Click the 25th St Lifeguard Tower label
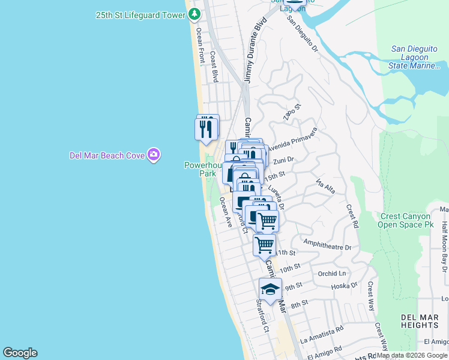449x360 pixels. pyautogui.click(x=140, y=14)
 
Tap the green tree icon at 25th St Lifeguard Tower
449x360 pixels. pyautogui.click(x=194, y=14)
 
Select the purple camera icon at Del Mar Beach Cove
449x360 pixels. pyautogui.click(x=154, y=155)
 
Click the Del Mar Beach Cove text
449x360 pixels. pyautogui.click(x=107, y=155)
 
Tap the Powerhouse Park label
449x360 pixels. pyautogui.click(x=200, y=169)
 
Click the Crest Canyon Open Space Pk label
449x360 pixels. pyautogui.click(x=405, y=220)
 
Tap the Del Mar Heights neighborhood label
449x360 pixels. pyautogui.click(x=420, y=320)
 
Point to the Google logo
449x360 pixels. pyautogui.click(x=20, y=353)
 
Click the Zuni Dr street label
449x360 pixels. pyautogui.click(x=283, y=161)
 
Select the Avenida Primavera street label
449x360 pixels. pyautogui.click(x=291, y=139)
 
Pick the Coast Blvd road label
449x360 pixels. pyautogui.click(x=214, y=66)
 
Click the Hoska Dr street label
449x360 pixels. pyautogui.click(x=345, y=287)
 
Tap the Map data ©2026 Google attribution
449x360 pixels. pyautogui.click(x=412, y=355)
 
